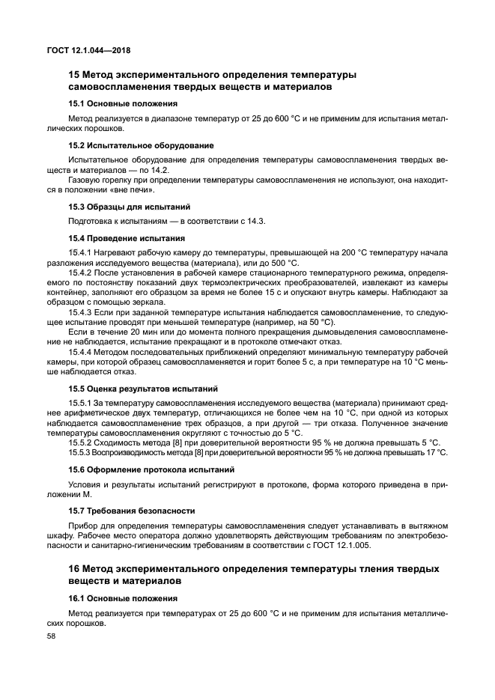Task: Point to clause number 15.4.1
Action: (x=79, y=252)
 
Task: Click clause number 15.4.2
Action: (x=79, y=273)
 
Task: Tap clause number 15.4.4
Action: (x=79, y=352)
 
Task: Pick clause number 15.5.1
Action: (x=79, y=403)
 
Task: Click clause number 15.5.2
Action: (x=79, y=442)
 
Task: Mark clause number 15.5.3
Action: (x=79, y=452)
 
